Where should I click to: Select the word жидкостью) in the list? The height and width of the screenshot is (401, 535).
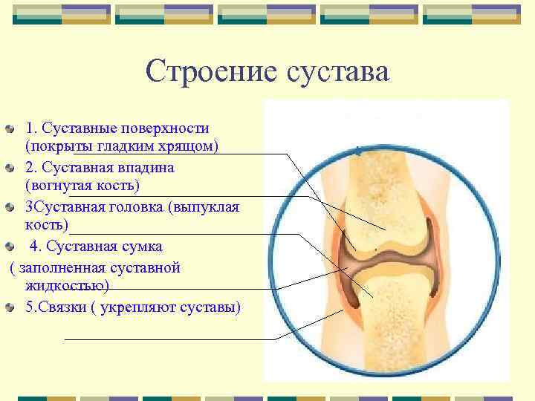click(x=67, y=285)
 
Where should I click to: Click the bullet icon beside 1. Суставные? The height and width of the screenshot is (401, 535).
click(x=9, y=129)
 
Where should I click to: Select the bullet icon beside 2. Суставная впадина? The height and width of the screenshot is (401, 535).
click(x=9, y=168)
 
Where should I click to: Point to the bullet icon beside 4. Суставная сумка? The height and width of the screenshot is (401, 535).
click(x=9, y=246)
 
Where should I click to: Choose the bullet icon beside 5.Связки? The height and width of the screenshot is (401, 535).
click(x=9, y=307)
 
